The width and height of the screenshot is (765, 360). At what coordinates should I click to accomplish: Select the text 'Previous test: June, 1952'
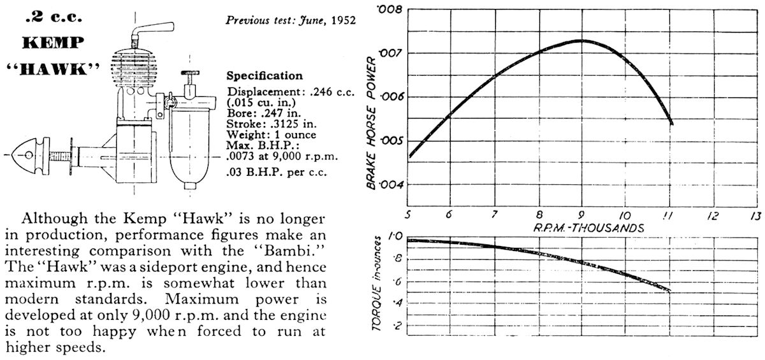(291, 20)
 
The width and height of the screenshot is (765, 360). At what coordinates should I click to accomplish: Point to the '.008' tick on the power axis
(389, 10)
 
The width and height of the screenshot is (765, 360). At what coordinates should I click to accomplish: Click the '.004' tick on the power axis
(389, 185)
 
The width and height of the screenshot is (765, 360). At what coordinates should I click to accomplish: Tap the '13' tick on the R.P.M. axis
(756, 215)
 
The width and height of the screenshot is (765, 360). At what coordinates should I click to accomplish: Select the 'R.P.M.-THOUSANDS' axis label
(581, 227)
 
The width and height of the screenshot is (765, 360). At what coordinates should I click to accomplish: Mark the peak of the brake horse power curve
(581, 41)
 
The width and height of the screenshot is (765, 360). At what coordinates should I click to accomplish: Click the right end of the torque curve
(669, 291)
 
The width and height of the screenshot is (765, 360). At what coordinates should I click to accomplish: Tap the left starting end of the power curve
(411, 155)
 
